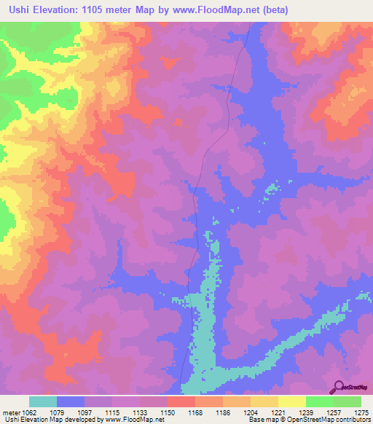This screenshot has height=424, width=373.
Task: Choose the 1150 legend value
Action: point(167,412)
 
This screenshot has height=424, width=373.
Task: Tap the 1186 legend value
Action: point(222,412)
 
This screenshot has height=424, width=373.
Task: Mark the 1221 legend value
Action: point(278,412)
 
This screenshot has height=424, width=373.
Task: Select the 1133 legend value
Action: point(140,412)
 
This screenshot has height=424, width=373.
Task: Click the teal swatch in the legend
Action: point(43,401)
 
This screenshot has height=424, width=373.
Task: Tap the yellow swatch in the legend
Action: point(291,401)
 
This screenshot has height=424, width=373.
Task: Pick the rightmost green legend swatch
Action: point(347,401)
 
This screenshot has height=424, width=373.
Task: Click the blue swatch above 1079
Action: point(71,401)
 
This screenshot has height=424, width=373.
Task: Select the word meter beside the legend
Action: point(10,412)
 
